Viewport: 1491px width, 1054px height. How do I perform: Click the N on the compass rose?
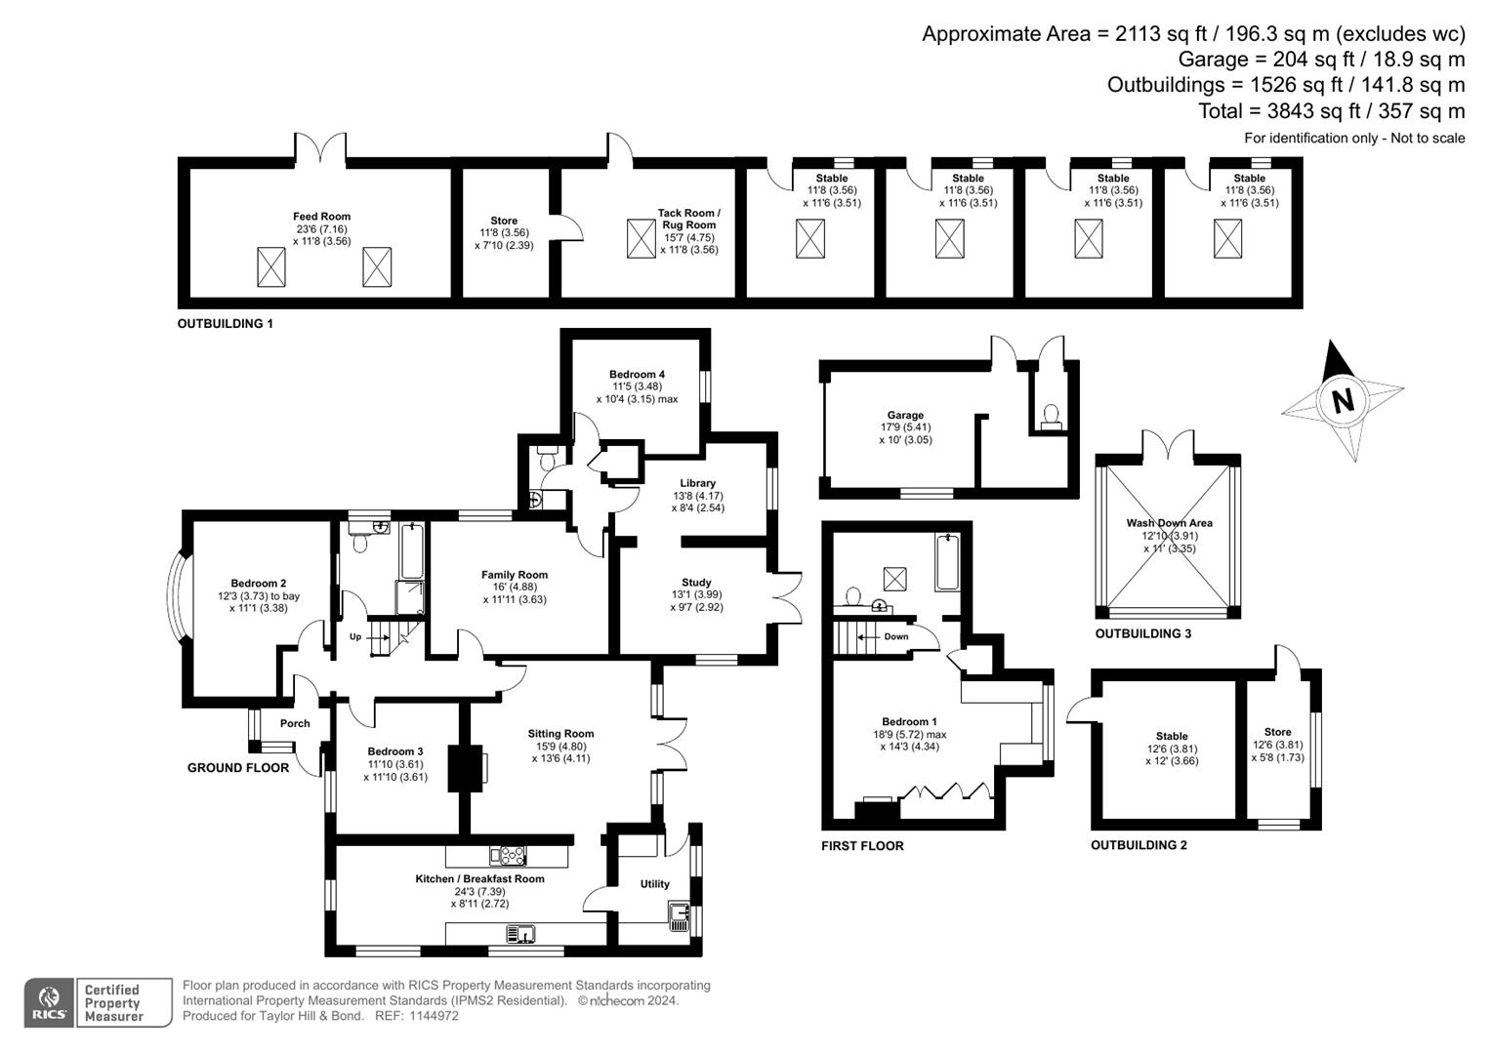[x=1344, y=400]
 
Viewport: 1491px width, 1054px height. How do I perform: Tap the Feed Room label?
[x=321, y=217]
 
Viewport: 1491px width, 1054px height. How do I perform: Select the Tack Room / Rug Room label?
[x=688, y=219]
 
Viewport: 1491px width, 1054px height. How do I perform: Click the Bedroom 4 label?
[x=637, y=375]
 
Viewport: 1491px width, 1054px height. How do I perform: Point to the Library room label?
[x=697, y=483]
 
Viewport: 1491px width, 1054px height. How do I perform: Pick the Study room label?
[x=696, y=583]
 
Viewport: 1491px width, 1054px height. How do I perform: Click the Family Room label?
[x=515, y=575]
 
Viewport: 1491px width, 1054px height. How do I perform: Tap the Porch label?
[x=295, y=723]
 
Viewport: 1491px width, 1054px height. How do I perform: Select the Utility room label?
[x=655, y=884]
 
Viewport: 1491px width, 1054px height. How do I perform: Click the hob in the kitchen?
[x=513, y=856]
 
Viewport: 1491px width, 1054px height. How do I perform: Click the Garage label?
[x=905, y=415]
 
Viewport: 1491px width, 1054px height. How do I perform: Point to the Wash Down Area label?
[x=1169, y=523]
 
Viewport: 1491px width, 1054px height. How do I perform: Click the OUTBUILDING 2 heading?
[x=1139, y=845]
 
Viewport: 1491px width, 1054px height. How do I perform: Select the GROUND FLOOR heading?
[x=238, y=768]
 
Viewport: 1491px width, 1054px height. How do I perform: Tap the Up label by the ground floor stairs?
[x=355, y=637]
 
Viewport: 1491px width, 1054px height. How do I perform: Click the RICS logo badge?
[x=48, y=1003]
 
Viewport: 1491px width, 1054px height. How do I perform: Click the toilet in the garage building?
[x=1051, y=418]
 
